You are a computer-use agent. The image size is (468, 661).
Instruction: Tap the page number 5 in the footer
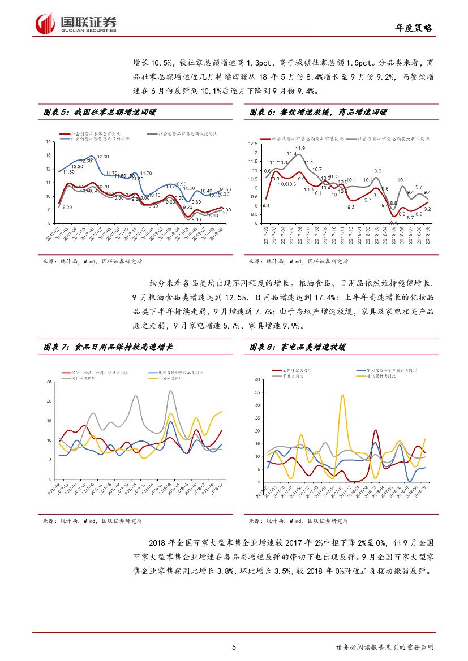pyautogui.click(x=234, y=647)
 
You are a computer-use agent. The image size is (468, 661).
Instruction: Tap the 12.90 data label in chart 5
pyautogui.click(x=103, y=157)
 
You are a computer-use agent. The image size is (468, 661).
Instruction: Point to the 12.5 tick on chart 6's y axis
pyautogui.click(x=252, y=144)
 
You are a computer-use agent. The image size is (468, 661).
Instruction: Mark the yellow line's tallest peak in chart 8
pyautogui.click(x=342, y=396)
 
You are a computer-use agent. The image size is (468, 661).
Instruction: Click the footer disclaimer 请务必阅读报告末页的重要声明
pyautogui.click(x=388, y=647)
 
